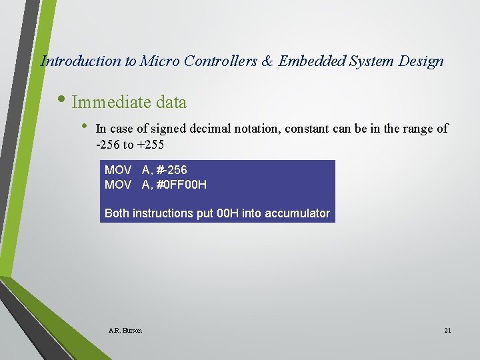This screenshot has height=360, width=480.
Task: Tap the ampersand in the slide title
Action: pos(267,61)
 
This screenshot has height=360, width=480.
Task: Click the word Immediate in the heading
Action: pos(111,102)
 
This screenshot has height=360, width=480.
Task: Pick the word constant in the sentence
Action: pos(307,129)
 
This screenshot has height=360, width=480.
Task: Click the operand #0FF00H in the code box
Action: pos(181,184)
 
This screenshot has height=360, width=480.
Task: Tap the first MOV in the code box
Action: pos(118,171)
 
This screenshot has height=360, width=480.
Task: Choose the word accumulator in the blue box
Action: pos(297,213)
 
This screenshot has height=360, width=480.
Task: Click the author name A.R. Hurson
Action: pos(125,330)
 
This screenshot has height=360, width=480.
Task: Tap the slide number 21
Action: pos(447,330)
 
